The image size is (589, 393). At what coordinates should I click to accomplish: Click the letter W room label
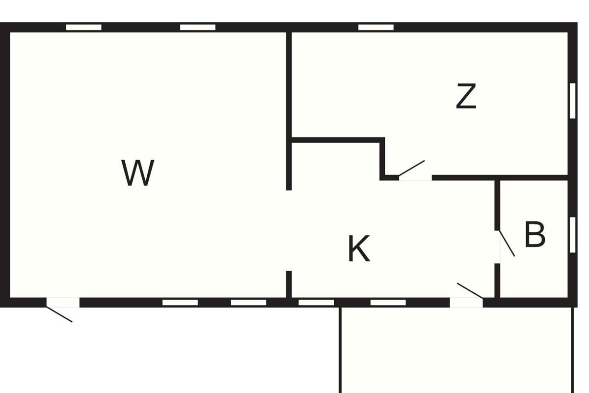(137, 173)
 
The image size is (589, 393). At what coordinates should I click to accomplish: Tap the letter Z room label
(466, 96)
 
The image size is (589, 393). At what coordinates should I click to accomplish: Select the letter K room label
(359, 249)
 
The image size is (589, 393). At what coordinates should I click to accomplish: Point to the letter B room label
(535, 234)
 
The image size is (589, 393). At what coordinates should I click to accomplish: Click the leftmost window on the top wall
(83, 28)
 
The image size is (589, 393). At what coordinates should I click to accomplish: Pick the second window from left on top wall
(198, 28)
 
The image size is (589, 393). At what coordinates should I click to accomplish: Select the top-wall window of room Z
(376, 28)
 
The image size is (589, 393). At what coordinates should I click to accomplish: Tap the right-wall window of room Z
(572, 101)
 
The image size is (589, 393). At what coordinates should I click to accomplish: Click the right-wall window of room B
(572, 235)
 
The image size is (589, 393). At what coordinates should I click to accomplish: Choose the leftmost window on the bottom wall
(180, 303)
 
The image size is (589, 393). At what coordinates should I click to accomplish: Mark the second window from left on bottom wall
(248, 303)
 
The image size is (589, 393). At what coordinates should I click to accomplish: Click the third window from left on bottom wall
(316, 303)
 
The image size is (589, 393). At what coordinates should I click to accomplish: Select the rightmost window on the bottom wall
(388, 303)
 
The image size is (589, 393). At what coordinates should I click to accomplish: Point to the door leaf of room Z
(412, 168)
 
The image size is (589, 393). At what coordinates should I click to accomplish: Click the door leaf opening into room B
(507, 244)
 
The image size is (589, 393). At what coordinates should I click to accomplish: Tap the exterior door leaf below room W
(59, 314)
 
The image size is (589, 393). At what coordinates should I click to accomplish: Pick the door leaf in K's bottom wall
(470, 291)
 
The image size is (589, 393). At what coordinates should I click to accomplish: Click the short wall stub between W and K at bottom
(289, 284)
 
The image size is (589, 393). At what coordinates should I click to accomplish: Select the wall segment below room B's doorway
(497, 281)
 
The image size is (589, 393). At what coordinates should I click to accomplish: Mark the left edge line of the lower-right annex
(340, 350)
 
